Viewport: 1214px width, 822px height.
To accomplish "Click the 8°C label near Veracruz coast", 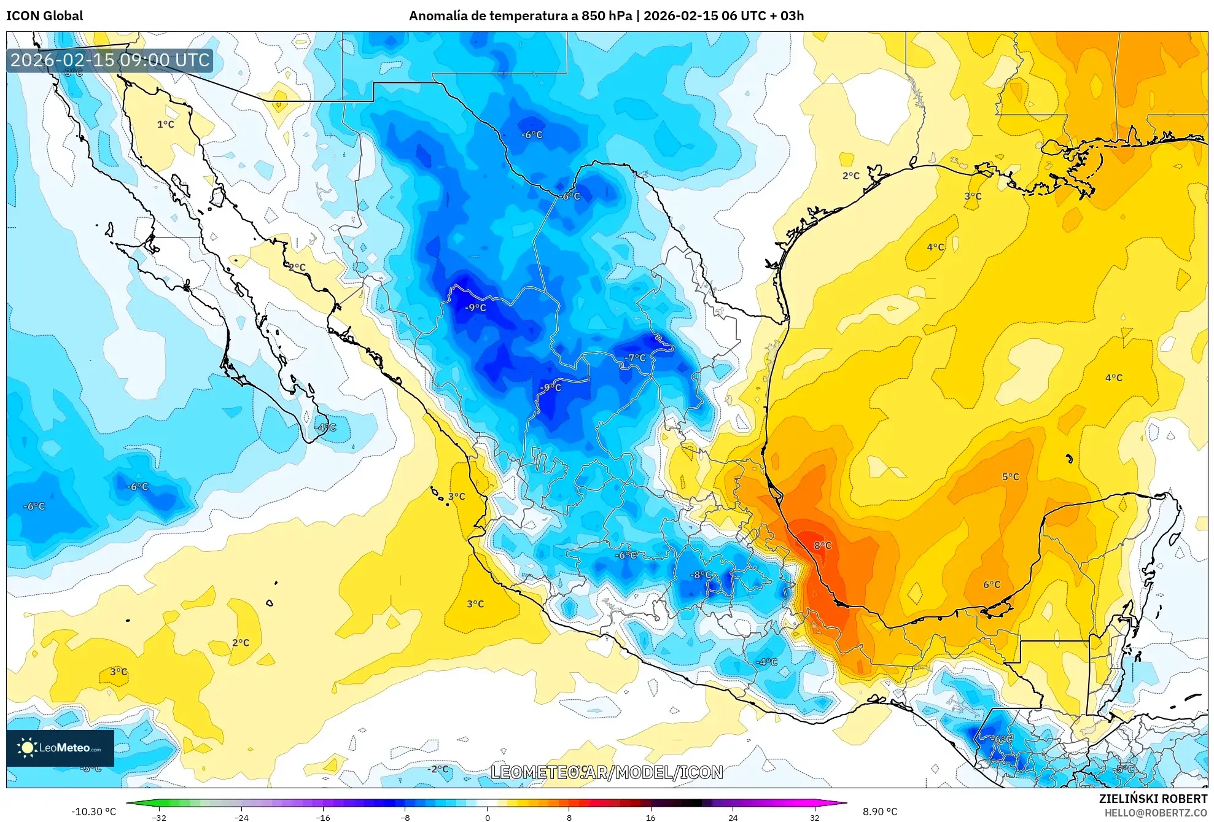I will click(x=822, y=545).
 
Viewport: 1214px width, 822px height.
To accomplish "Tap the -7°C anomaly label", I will click(x=635, y=358).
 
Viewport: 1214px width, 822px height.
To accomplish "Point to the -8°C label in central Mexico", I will click(x=701, y=575).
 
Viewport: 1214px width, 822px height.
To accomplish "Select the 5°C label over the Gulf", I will click(x=1010, y=476).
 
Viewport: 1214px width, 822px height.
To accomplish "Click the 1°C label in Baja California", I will click(x=165, y=125).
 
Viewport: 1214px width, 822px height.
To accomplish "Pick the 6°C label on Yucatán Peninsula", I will click(x=992, y=584).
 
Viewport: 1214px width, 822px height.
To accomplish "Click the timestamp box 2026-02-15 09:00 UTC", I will click(x=110, y=60).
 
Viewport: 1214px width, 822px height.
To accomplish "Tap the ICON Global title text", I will click(x=44, y=16).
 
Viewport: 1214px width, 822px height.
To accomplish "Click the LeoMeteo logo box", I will click(x=60, y=748).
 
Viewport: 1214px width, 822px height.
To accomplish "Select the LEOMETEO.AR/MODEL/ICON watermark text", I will click(x=607, y=772).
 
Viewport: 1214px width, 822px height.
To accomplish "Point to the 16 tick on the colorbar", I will click(x=651, y=817).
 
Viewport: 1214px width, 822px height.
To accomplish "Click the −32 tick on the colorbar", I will click(x=159, y=817).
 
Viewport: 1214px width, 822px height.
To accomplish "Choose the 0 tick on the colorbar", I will click(x=488, y=817).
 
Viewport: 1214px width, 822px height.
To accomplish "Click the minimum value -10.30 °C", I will click(x=93, y=812).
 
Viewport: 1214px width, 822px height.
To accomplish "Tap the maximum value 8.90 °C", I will click(x=880, y=812).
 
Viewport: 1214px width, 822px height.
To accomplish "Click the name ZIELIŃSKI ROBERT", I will click(x=1153, y=799).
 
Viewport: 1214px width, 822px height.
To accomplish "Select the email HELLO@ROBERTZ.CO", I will click(x=1156, y=813).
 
